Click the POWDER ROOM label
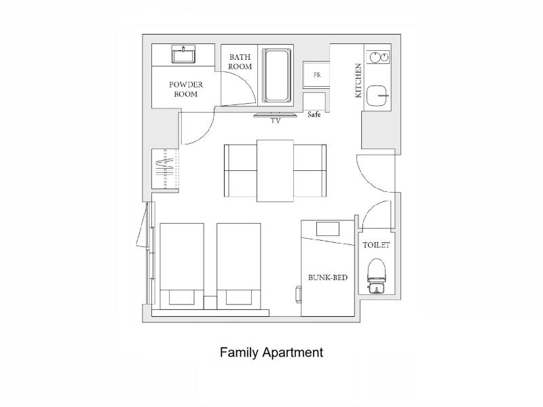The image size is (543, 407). pyautogui.click(x=186, y=89)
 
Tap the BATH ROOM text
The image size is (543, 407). pyautogui.click(x=240, y=62)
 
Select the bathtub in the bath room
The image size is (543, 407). pyautogui.click(x=276, y=75)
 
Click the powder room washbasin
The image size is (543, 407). pyautogui.click(x=183, y=55)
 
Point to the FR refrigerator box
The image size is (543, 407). pyautogui.click(x=316, y=75)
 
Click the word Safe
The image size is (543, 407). pyautogui.click(x=314, y=114)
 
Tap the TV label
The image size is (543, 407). pyautogui.click(x=276, y=121)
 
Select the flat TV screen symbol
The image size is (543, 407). pyautogui.click(x=276, y=115)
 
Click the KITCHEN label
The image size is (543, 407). pyautogui.click(x=358, y=80)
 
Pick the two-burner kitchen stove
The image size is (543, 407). pyautogui.click(x=379, y=57)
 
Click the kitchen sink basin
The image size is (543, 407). pyautogui.click(x=377, y=96)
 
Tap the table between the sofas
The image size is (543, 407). pyautogui.click(x=276, y=171)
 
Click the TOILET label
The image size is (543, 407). pyautogui.click(x=376, y=245)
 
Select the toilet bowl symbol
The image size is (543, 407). pyautogui.click(x=376, y=276)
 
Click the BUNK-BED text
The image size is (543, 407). pyautogui.click(x=328, y=277)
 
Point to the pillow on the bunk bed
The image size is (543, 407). pyautogui.click(x=328, y=229)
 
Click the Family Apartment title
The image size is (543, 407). pyautogui.click(x=271, y=352)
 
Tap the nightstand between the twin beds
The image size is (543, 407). pyautogui.click(x=210, y=303)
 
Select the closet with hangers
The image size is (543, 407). pyautogui.click(x=166, y=169)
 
